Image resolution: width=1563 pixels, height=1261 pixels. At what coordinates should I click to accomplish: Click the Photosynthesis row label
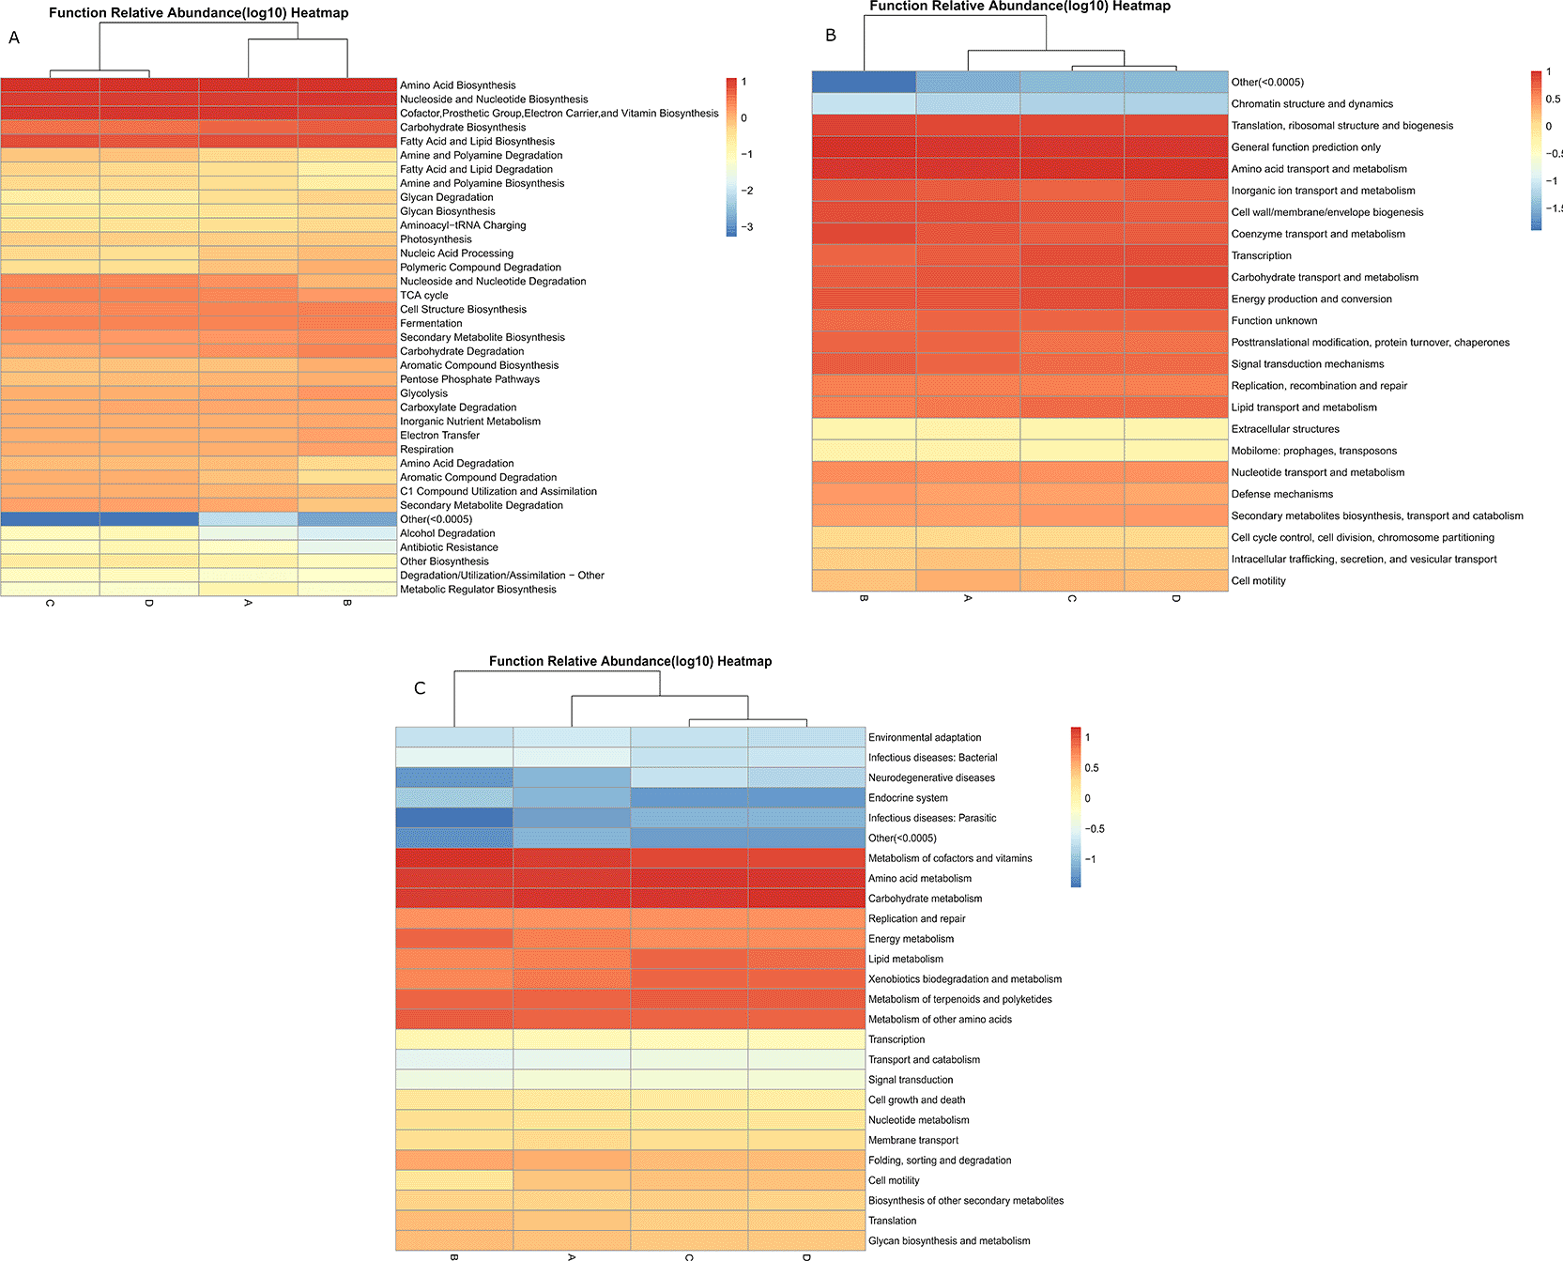coord(436,239)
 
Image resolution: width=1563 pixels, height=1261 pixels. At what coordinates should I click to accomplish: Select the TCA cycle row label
coord(423,295)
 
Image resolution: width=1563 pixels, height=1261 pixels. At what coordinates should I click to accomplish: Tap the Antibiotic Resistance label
coord(449,547)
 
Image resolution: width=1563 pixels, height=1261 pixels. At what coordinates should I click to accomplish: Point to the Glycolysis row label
coord(423,393)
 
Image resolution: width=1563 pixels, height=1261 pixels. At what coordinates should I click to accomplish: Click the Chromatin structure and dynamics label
coord(1311,104)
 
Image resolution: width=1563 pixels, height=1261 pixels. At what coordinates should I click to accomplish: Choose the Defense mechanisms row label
coord(1281,494)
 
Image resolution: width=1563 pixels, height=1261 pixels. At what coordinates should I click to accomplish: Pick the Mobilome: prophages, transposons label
coord(1313,451)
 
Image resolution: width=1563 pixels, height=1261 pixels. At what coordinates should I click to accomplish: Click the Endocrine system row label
coord(908,798)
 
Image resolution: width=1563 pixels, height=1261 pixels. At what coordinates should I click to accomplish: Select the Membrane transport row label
coord(913,1140)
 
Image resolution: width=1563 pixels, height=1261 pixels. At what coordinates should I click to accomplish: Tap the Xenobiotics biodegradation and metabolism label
coord(965,979)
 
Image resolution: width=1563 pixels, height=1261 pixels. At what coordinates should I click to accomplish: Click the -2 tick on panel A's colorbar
coord(746,191)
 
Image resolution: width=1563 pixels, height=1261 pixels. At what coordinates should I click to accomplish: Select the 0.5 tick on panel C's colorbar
coord(1092,768)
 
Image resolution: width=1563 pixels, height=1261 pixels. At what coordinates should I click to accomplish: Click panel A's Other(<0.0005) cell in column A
coord(248,519)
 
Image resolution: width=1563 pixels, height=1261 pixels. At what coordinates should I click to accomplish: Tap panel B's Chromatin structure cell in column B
coord(864,104)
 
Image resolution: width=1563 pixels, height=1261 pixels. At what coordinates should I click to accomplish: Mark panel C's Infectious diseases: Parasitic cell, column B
coord(454,818)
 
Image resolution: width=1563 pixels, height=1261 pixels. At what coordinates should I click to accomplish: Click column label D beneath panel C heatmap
coord(806,1256)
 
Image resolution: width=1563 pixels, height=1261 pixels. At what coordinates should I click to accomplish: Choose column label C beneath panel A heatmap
coord(50,603)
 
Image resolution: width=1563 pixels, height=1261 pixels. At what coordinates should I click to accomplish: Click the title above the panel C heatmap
coord(630,661)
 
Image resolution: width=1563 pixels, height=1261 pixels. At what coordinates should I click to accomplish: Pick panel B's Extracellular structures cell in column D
coord(1175,429)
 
